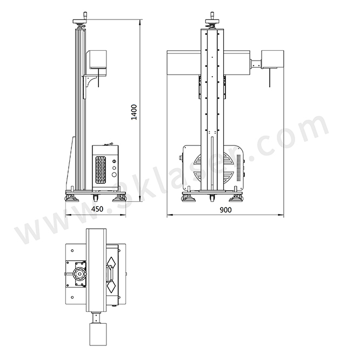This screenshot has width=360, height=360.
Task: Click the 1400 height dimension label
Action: pos(135,112)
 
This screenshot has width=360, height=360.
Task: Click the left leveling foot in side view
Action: pos(72,198)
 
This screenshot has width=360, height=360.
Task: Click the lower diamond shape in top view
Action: pos(112,286)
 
